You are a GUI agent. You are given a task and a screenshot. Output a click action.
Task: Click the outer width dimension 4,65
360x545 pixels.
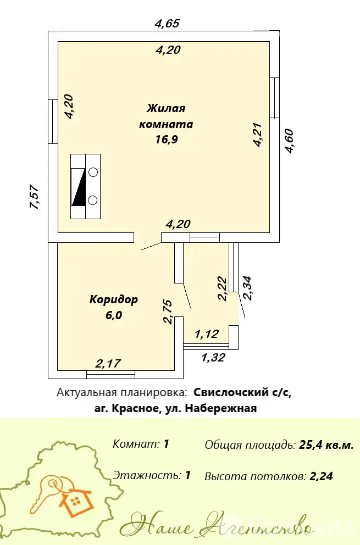168,23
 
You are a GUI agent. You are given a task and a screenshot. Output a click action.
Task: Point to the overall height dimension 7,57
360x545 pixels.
34,197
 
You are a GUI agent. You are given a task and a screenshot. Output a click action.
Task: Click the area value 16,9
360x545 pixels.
166,139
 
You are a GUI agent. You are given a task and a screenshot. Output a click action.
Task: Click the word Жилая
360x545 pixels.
166,108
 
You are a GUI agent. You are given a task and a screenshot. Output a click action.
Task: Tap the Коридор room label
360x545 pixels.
114,299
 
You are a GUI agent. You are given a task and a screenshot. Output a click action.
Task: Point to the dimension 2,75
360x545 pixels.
168,312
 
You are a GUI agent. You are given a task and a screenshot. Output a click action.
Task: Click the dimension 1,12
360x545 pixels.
207,333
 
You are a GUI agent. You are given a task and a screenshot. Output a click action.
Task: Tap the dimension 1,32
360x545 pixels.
213,358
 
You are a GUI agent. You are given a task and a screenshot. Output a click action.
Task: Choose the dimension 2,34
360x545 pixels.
248,287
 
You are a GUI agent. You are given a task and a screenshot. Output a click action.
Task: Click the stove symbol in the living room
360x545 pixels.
86,187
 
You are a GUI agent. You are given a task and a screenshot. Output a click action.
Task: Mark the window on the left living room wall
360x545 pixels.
53,122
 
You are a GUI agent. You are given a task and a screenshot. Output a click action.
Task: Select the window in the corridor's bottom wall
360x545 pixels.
110,375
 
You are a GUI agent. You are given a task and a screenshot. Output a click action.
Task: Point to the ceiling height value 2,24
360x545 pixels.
322,476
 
